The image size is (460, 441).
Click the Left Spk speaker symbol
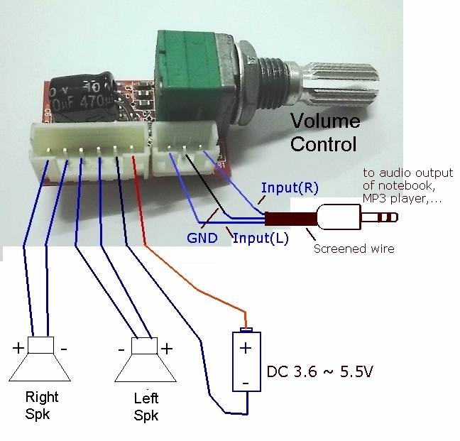[x=146, y=360]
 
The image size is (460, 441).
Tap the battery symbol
[x=246, y=360]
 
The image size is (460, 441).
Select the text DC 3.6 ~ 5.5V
[x=319, y=372]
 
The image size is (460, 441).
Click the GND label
[x=202, y=238]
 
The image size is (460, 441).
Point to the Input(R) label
[x=290, y=188]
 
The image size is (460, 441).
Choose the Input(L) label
[x=261, y=238]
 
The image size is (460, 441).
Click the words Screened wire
[x=354, y=249]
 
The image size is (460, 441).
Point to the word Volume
[x=325, y=121]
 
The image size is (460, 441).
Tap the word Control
[x=323, y=143]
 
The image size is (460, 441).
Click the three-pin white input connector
[x=185, y=149]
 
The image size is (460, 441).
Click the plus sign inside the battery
[x=246, y=348]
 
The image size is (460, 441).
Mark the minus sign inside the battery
[x=246, y=383]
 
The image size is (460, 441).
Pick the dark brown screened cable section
[x=291, y=219]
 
